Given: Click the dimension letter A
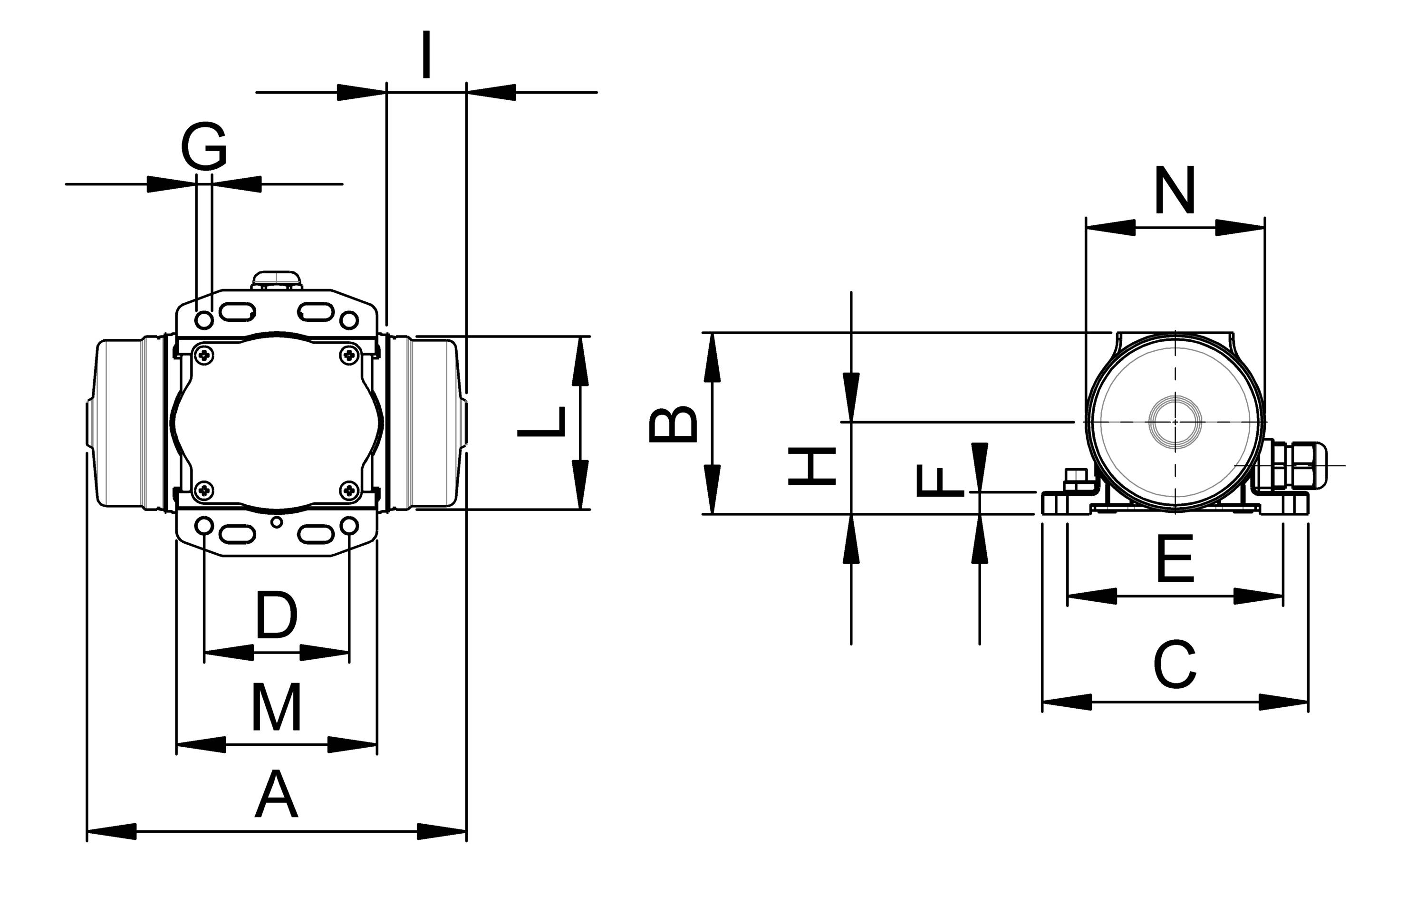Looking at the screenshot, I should [276, 796].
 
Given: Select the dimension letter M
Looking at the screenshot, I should [276, 709].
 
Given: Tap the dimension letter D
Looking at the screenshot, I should [276, 616].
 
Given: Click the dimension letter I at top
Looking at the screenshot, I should [426, 55].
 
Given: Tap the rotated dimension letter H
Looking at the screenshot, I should [812, 466].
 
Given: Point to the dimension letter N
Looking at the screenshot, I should [1175, 191].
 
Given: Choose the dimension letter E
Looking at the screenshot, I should [1175, 560].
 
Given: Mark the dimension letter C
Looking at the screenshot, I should [1175, 665].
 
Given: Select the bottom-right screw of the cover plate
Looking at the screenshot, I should [349, 491].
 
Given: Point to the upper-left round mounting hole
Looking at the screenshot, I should [204, 320].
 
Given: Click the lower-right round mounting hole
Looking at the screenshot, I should [349, 526].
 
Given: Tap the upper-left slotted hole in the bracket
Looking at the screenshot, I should [238, 312].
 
